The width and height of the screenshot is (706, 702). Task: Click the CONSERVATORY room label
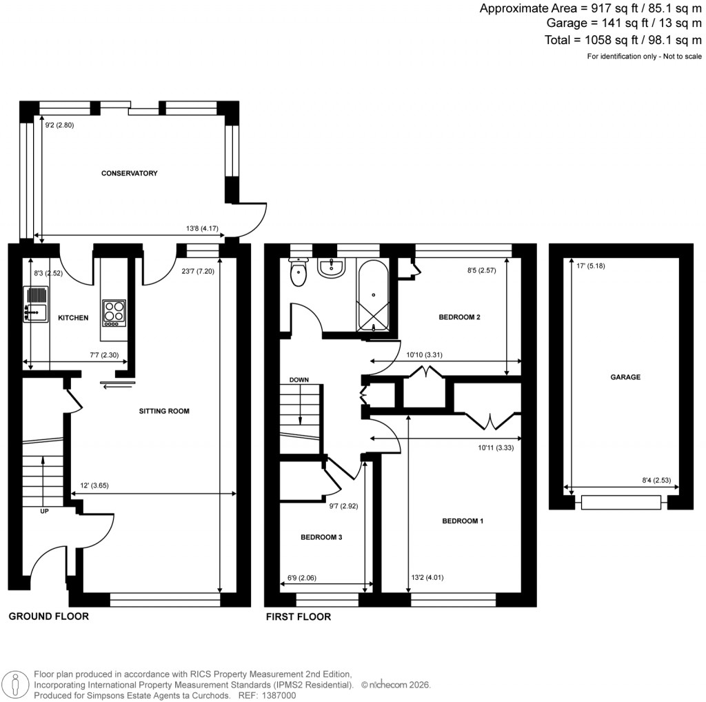point(129,173)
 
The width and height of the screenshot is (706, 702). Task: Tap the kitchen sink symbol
point(35,304)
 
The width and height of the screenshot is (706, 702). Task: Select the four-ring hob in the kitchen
point(114,313)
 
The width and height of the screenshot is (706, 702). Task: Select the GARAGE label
point(625,377)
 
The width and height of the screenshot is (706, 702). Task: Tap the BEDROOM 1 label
point(463,521)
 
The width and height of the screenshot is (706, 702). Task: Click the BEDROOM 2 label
point(459,317)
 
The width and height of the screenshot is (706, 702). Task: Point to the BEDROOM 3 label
point(321,536)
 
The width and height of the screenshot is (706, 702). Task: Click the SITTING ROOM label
point(163,411)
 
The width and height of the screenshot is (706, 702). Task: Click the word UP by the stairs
point(44,511)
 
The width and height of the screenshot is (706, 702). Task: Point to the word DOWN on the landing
point(299,380)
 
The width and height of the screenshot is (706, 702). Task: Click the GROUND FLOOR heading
point(48,616)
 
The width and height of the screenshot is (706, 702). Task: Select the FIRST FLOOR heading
point(299,616)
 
